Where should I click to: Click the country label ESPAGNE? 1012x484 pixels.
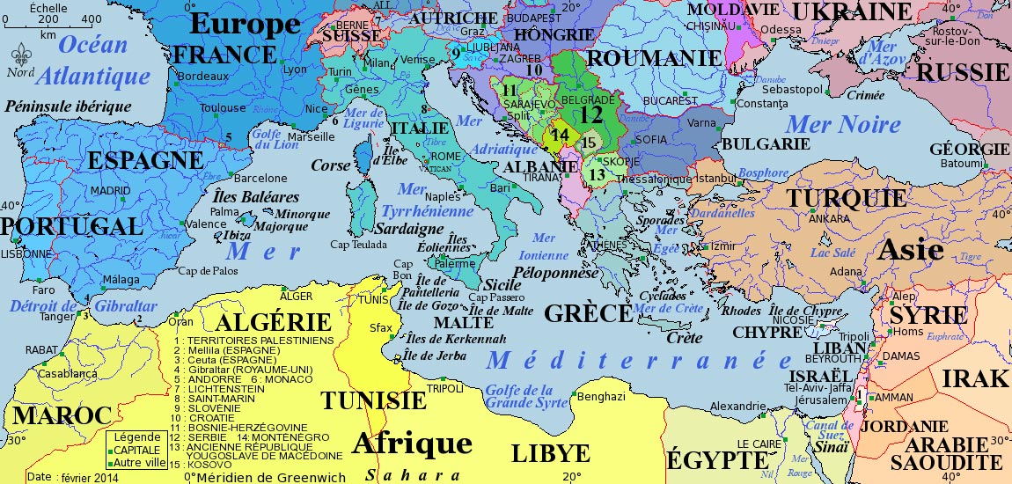coord(145,161)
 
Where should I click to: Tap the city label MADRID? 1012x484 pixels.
coord(110,190)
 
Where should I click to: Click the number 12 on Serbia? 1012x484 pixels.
coord(591,114)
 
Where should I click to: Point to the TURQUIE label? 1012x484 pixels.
coord(847,198)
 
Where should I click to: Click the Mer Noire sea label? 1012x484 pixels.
coord(843,125)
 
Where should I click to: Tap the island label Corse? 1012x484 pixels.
coord(330,165)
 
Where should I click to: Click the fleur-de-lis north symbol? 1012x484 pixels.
coord(20,54)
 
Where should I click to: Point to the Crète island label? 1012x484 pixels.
coord(685,338)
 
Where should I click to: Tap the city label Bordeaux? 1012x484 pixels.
coord(202,77)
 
